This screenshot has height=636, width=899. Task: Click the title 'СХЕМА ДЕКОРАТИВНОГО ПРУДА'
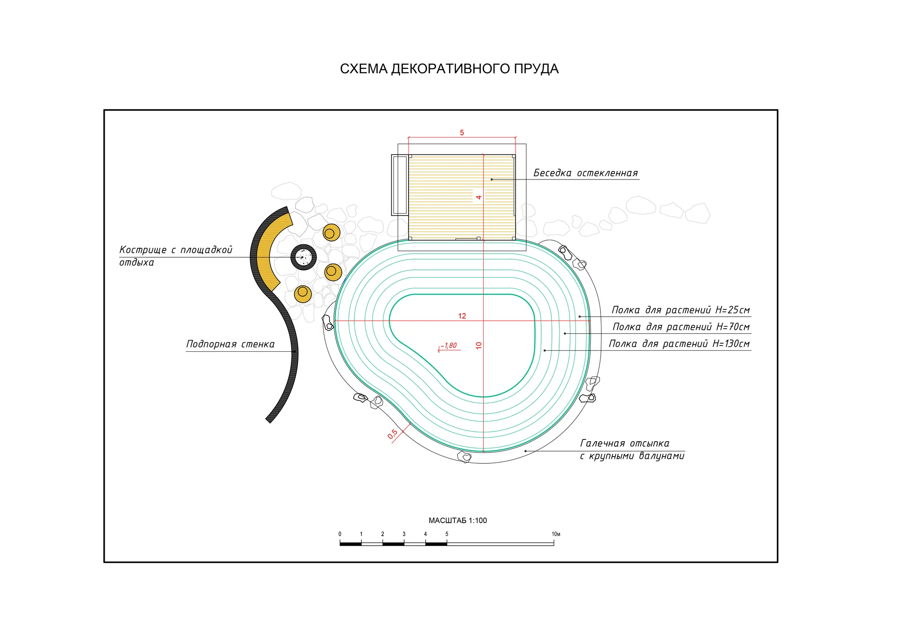click(x=449, y=69)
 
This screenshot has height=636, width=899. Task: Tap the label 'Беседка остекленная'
click(x=585, y=173)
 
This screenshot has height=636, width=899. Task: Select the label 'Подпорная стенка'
click(x=230, y=344)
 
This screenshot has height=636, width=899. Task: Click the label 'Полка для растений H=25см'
click(x=681, y=310)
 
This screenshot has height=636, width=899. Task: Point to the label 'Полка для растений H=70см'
click(x=681, y=327)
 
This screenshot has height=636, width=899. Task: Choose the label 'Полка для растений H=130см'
click(x=679, y=344)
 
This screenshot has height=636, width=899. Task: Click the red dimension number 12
click(x=462, y=316)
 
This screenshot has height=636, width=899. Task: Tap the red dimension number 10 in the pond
click(x=479, y=345)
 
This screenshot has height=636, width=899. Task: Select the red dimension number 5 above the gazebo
click(x=462, y=133)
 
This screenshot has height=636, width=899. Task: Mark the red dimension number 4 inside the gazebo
click(x=479, y=197)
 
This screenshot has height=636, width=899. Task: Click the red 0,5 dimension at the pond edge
click(x=392, y=434)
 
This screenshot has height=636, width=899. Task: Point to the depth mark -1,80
click(x=449, y=345)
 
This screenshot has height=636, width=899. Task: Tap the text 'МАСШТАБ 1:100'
click(x=458, y=520)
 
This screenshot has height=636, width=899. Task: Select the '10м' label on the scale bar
click(x=556, y=534)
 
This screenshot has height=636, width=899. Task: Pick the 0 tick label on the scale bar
click(x=340, y=534)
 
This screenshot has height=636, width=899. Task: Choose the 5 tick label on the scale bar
click(x=447, y=534)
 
